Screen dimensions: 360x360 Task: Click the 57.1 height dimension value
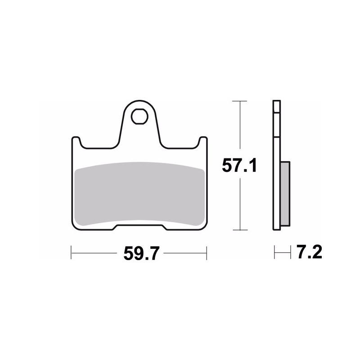(239, 165)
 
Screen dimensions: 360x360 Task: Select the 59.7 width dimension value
(141, 253)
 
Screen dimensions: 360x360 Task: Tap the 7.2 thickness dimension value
(309, 252)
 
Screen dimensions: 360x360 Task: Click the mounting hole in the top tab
(139, 117)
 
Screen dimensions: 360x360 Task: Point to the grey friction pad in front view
(140, 194)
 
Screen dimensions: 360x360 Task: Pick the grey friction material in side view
(285, 193)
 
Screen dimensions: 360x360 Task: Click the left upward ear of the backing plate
(76, 142)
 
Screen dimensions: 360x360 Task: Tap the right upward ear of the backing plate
(202, 142)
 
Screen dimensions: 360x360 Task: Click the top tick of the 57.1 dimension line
(240, 101)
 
